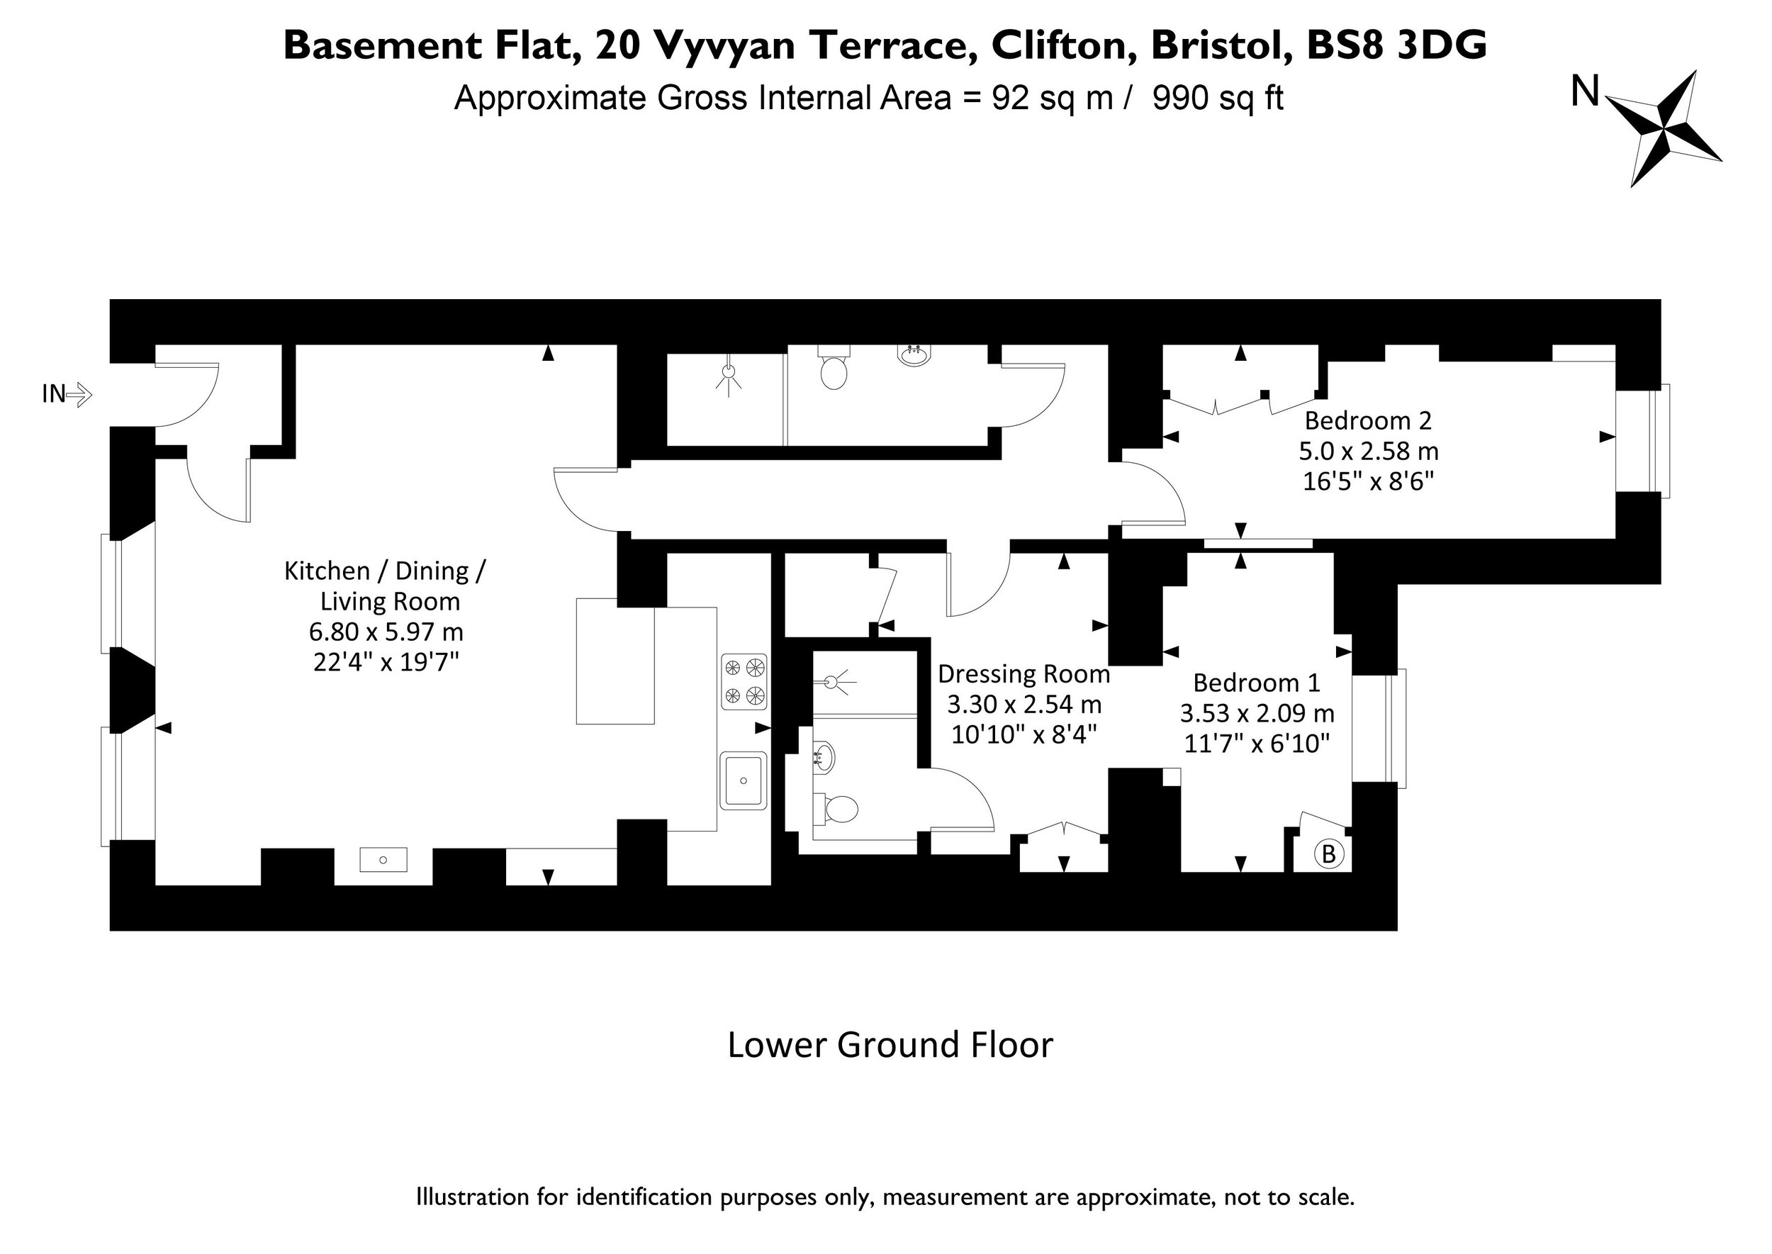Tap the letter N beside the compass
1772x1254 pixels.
click(x=1585, y=92)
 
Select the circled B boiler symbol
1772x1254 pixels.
click(x=1329, y=854)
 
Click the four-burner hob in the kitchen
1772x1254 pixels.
click(x=744, y=682)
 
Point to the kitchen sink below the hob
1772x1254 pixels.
click(x=744, y=780)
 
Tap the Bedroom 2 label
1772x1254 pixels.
click(x=1368, y=421)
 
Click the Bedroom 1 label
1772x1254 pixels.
click(x=1257, y=683)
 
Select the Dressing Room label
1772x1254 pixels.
click(x=1024, y=674)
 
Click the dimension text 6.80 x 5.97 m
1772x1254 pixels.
click(x=386, y=632)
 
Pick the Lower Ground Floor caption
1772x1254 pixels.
click(x=890, y=1045)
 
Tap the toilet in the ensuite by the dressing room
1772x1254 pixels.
click(x=836, y=810)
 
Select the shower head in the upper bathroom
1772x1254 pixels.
click(x=727, y=374)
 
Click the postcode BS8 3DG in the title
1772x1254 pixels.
click(x=1396, y=45)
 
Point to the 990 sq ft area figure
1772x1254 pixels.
click(x=1218, y=98)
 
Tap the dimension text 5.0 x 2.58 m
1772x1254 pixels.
click(x=1368, y=451)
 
